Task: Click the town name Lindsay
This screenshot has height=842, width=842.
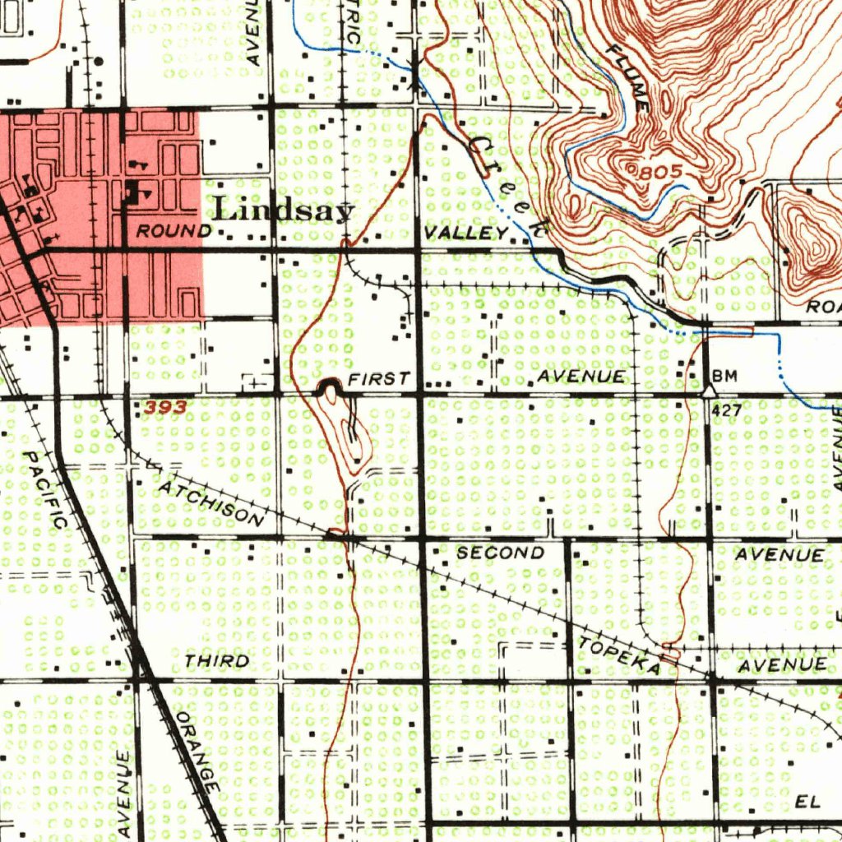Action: click(284, 210)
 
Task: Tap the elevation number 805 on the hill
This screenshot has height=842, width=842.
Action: click(659, 173)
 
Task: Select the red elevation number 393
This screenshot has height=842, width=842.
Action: click(164, 407)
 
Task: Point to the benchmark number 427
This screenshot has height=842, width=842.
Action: click(727, 409)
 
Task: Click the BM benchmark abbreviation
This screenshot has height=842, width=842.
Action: click(724, 377)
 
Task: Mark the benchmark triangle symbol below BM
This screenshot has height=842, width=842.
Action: click(709, 391)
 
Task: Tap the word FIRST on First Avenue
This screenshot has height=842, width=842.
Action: click(379, 378)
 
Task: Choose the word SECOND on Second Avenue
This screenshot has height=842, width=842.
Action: click(500, 553)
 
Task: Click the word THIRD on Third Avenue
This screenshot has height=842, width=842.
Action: click(217, 661)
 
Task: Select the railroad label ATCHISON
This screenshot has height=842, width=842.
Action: click(212, 502)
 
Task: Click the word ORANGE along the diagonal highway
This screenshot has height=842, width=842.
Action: click(197, 754)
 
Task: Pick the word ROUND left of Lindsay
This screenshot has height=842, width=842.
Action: click(173, 231)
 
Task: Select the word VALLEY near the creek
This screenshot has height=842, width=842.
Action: click(465, 234)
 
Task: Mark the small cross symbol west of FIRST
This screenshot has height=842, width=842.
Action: click(259, 382)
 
